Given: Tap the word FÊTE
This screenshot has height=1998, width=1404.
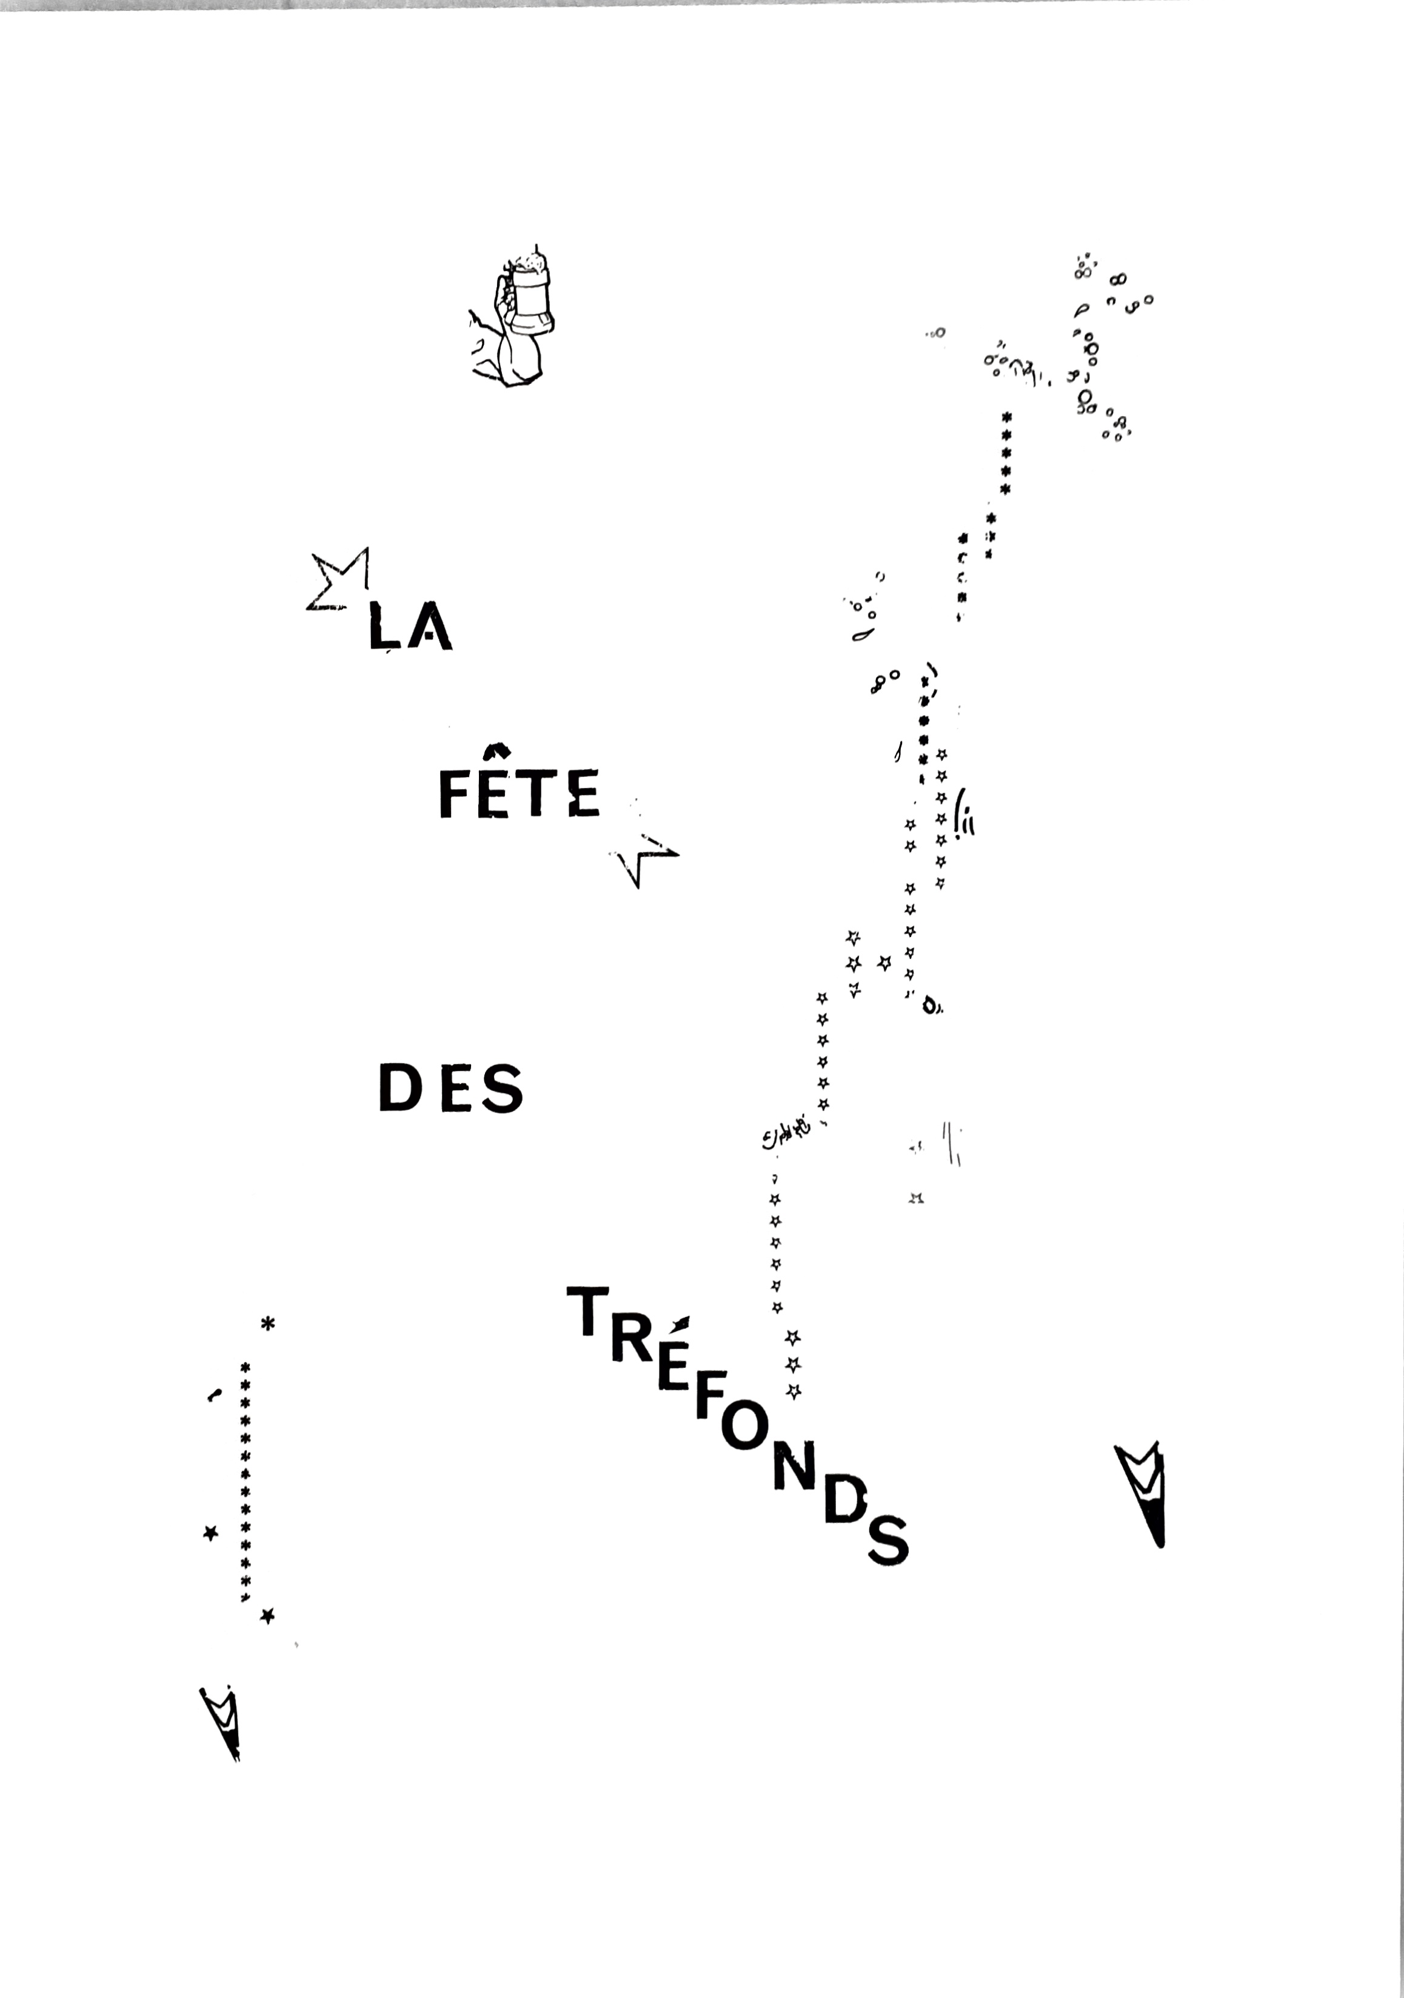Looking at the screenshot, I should pyautogui.click(x=520, y=793).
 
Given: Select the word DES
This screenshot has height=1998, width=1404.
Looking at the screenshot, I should pyautogui.click(x=450, y=1088).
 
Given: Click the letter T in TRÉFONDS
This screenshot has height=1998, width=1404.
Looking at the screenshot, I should pyautogui.click(x=586, y=1312).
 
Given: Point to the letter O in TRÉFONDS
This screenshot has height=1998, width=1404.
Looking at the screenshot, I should pyautogui.click(x=744, y=1427).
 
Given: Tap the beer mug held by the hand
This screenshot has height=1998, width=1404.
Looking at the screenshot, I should pyautogui.click(x=530, y=297).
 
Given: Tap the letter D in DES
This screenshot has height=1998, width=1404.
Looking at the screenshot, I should pyautogui.click(x=400, y=1088).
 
